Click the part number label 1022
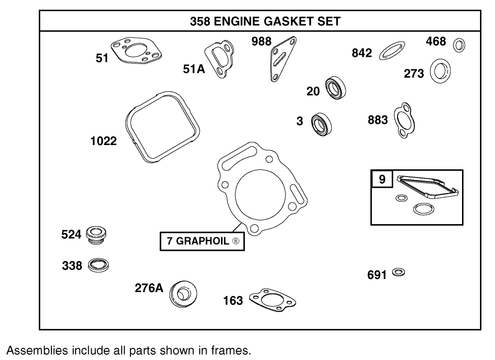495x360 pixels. pos(103,141)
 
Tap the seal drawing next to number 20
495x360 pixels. pos(335,88)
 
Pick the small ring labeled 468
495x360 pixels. pos(459,45)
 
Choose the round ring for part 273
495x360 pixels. pos(440,70)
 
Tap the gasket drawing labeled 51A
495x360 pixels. pos(221,59)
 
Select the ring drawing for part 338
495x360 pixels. pos(98,265)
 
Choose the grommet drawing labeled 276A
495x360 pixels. pos(183,293)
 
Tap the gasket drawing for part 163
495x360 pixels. pos(272,300)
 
